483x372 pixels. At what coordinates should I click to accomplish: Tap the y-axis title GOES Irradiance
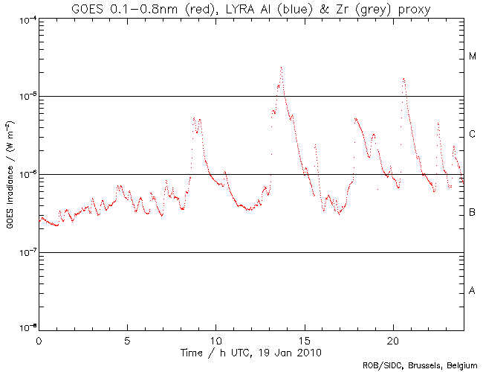[10, 174]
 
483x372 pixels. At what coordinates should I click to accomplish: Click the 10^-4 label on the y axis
[27, 19]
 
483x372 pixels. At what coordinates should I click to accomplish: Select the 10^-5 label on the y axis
[27, 97]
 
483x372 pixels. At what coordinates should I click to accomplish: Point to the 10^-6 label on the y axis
[27, 175]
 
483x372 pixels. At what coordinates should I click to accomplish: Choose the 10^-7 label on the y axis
[27, 253]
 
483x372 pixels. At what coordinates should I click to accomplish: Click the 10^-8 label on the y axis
[27, 328]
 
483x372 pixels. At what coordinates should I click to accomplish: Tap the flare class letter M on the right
[472, 57]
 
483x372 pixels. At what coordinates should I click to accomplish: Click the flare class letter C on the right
[472, 135]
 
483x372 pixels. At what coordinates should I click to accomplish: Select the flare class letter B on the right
[472, 213]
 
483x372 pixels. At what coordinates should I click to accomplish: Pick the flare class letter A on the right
[472, 290]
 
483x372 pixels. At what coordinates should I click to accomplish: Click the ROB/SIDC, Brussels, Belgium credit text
[421, 365]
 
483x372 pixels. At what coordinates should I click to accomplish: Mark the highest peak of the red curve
[282, 68]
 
